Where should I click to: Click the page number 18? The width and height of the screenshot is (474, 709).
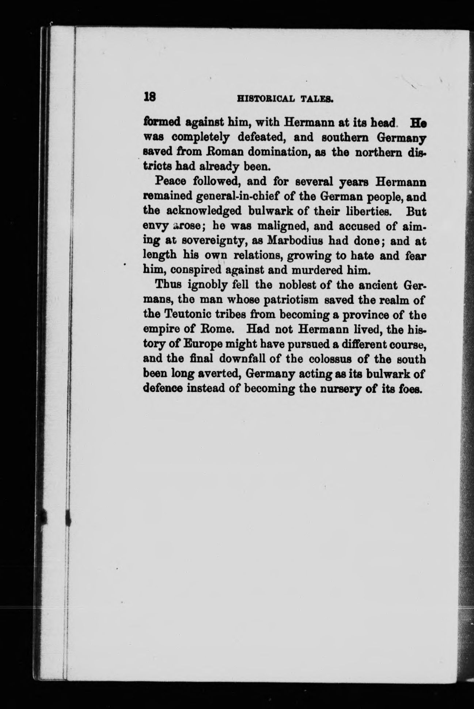tap(150, 97)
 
